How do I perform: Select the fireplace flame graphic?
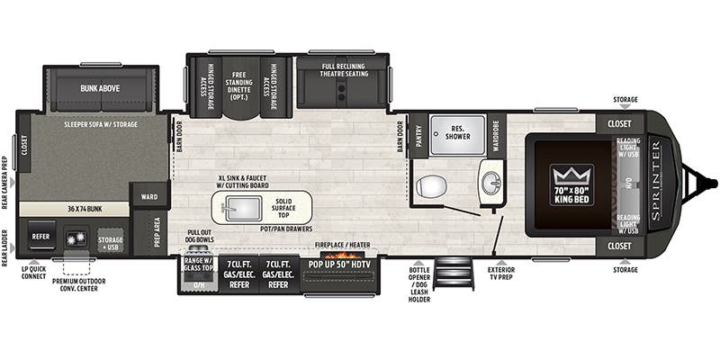point(339,258)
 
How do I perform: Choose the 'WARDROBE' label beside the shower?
point(494,135)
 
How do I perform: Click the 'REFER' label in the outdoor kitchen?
point(40,237)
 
